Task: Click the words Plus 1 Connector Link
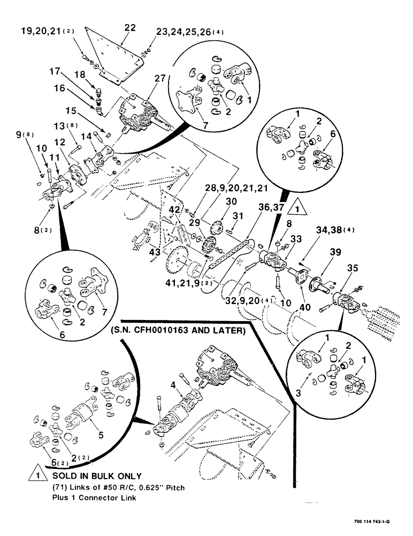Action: pos(94,497)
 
